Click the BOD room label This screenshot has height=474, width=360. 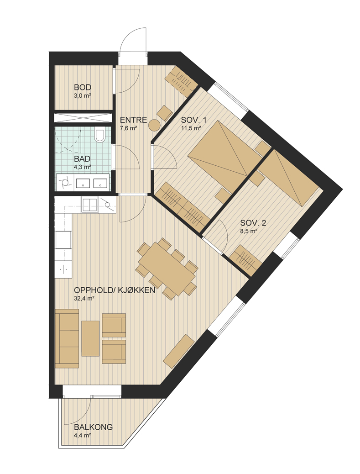click(x=83, y=88)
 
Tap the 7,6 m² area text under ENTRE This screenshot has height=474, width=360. click(x=129, y=128)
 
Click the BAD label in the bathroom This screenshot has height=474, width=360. click(x=82, y=159)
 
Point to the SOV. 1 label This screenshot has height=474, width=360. click(x=194, y=120)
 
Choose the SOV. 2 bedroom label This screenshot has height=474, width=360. click(x=253, y=223)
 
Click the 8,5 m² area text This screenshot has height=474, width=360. click(x=249, y=231)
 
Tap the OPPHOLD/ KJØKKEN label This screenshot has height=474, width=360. click(x=115, y=290)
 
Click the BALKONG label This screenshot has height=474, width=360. click(x=94, y=427)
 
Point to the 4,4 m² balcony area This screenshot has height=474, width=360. click(x=83, y=435)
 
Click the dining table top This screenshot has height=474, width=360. click(x=168, y=266)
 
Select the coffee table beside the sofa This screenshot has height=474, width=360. click(x=90, y=338)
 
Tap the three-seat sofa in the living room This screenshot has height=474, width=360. click(x=67, y=338)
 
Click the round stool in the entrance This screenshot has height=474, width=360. click(x=155, y=125)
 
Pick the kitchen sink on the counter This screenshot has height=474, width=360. click(x=90, y=205)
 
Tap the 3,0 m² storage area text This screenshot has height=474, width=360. click(x=83, y=95)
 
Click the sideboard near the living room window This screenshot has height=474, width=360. click(x=179, y=351)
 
